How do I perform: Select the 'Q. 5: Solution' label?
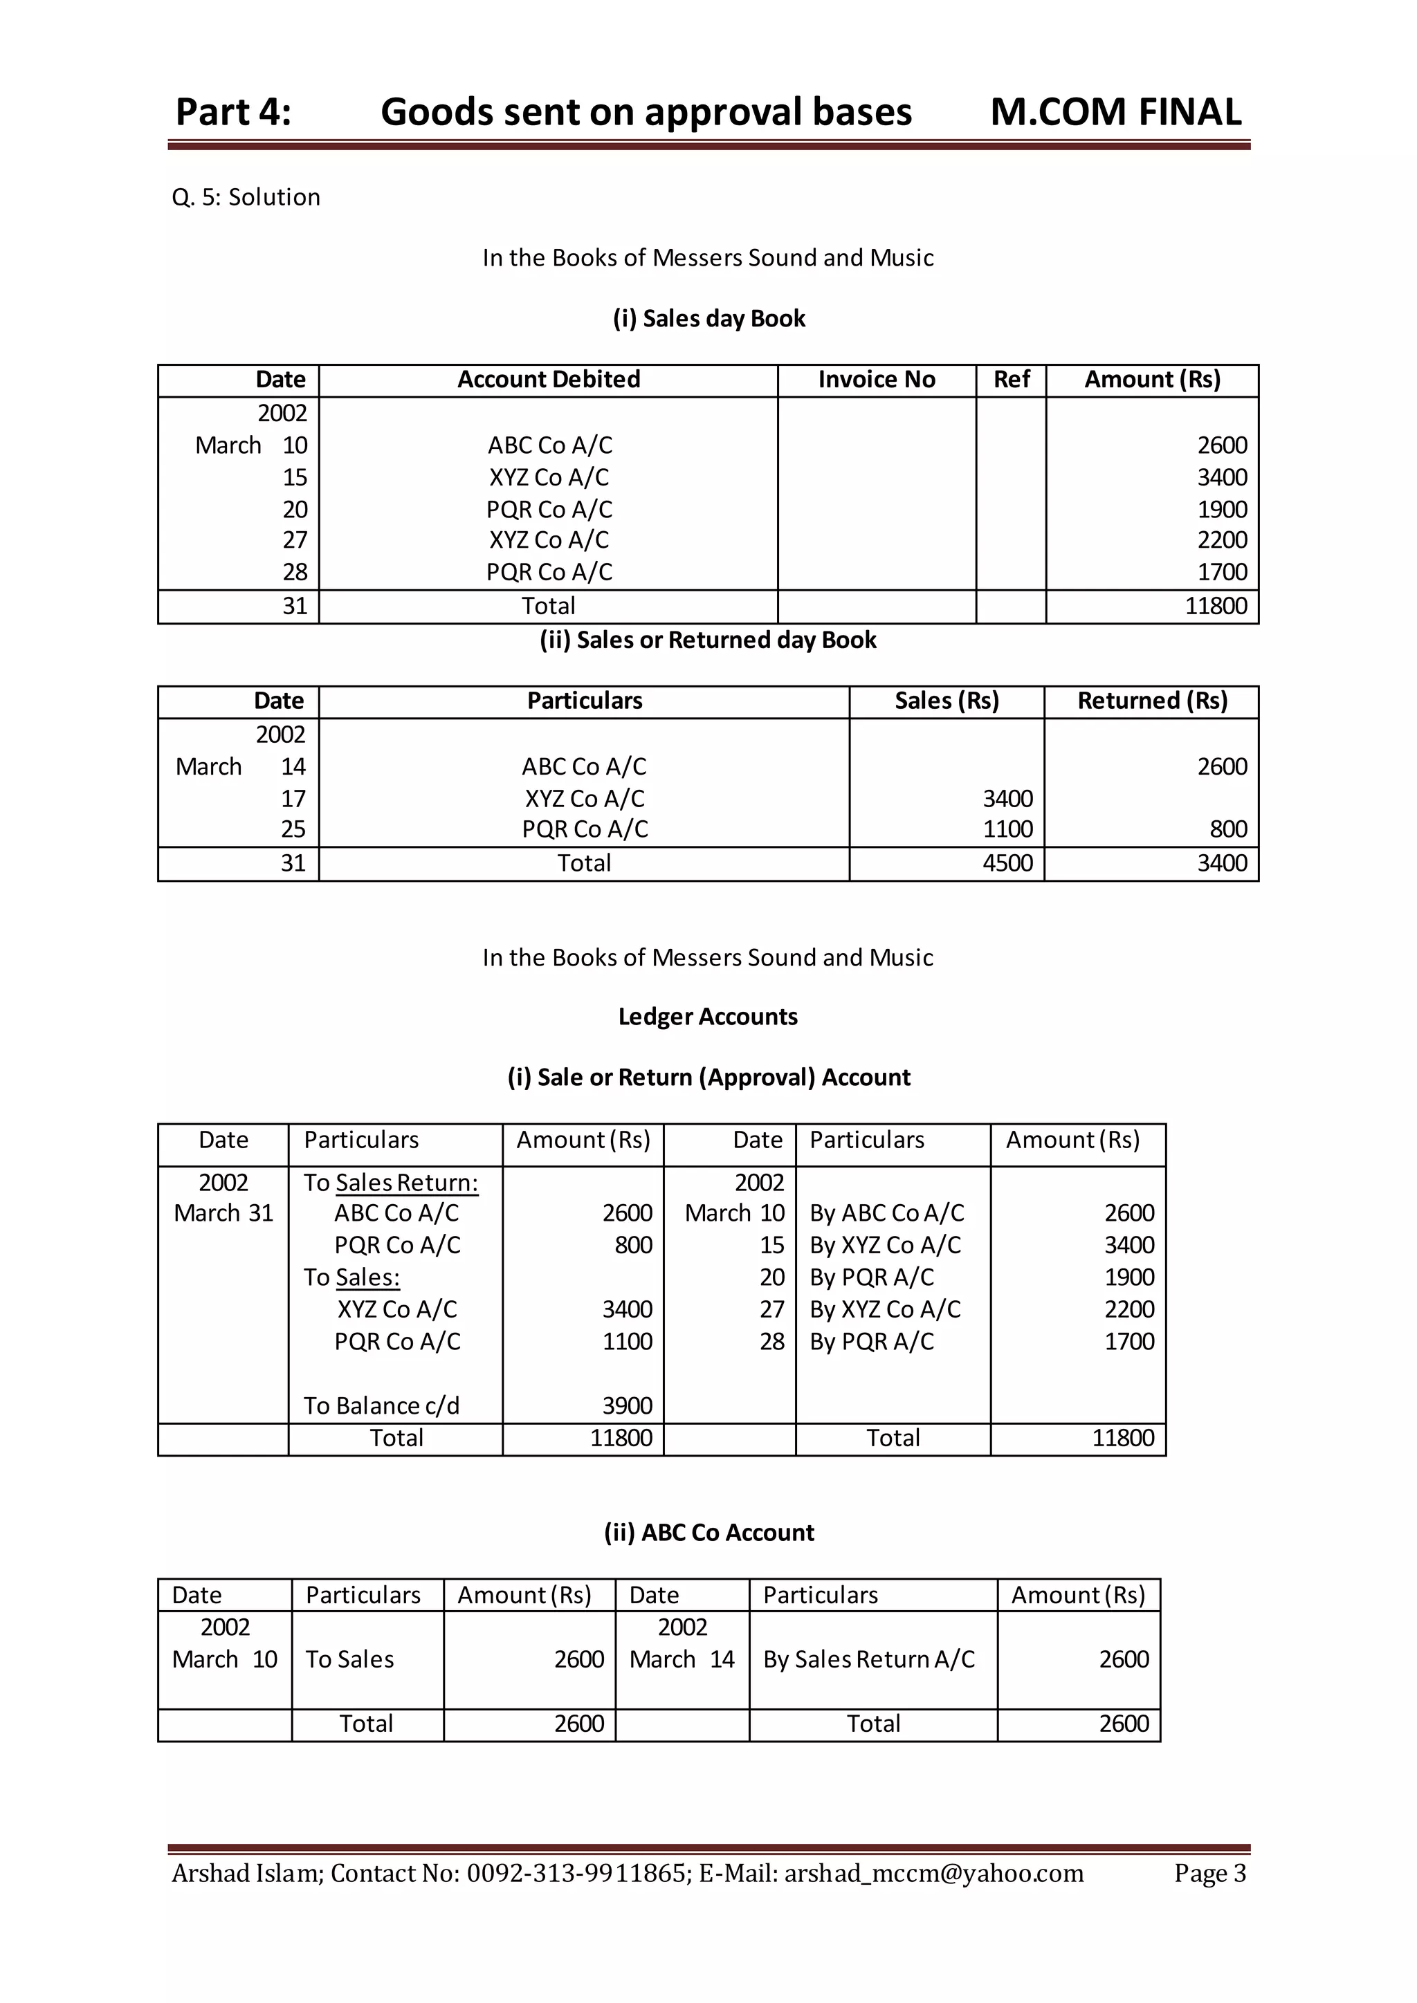tap(246, 197)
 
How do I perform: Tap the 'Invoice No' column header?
tap(876, 380)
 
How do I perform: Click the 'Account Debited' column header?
tap(549, 380)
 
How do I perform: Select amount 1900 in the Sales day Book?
tap(1222, 510)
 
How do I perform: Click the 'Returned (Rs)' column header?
tap(1152, 701)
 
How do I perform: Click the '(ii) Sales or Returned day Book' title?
tap(708, 640)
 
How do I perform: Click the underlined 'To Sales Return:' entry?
tap(391, 1183)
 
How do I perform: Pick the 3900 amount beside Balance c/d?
tap(628, 1406)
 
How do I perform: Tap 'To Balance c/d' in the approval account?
tap(381, 1406)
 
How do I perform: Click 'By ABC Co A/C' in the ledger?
tap(886, 1214)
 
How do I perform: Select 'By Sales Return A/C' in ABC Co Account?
tap(869, 1659)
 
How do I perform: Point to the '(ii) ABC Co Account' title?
tap(708, 1533)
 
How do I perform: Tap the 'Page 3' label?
tap(1209, 1874)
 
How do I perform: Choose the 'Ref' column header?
tap(1012, 380)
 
